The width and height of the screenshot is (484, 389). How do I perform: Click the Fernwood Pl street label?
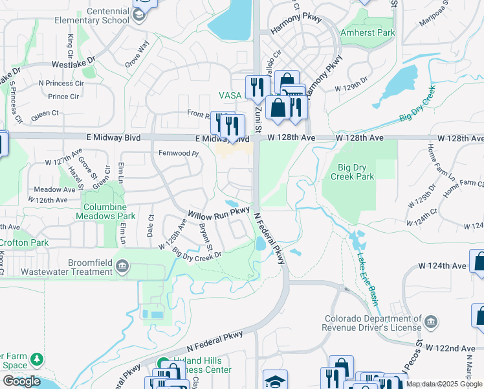[x=178, y=153]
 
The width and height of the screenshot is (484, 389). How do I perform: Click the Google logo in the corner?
[x=21, y=381]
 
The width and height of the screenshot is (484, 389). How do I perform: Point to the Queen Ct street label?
[x=45, y=113]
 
